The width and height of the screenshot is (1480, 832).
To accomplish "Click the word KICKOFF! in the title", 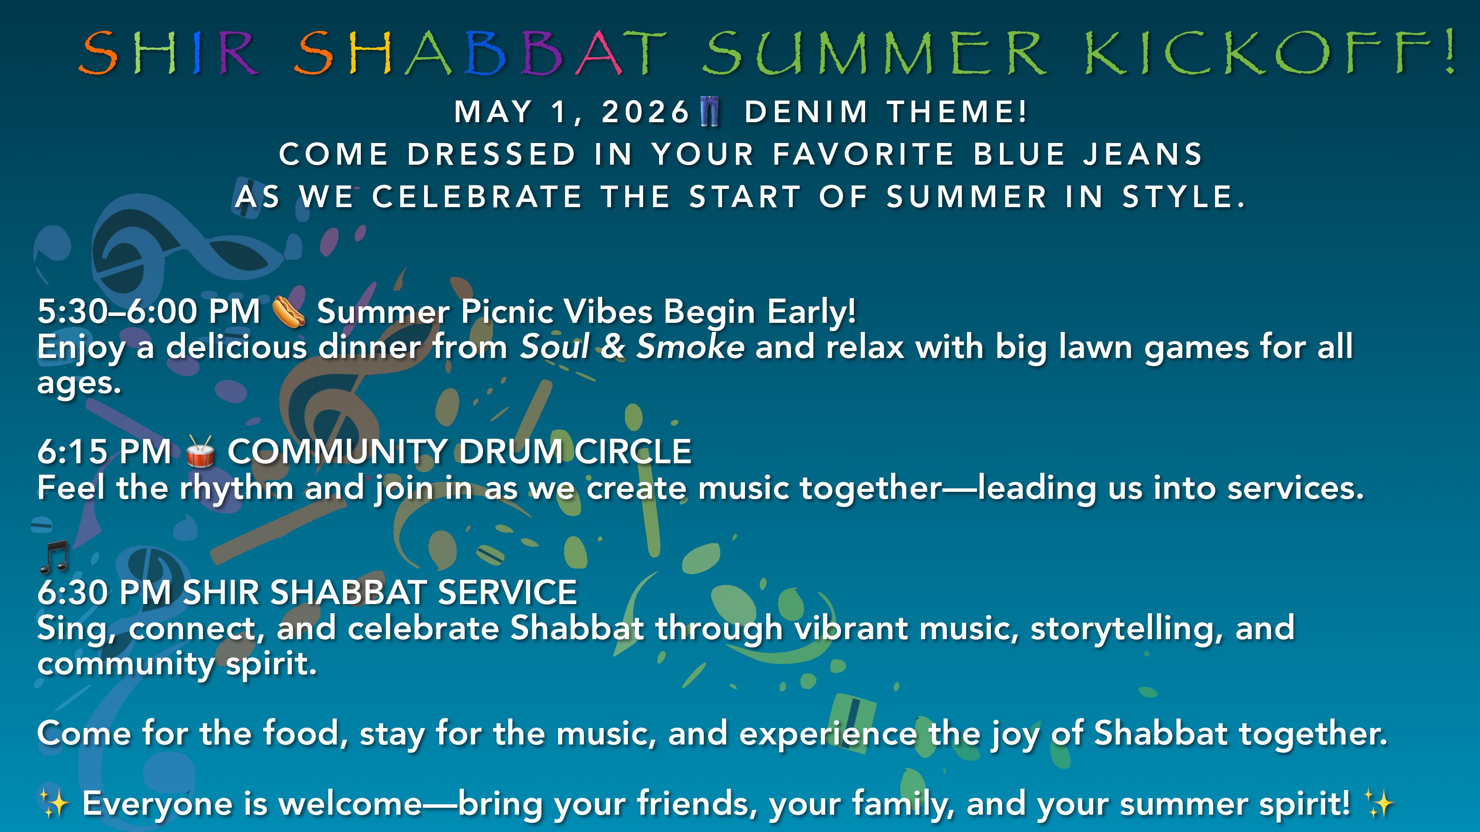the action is (1270, 53).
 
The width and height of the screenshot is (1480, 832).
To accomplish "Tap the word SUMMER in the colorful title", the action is (874, 53).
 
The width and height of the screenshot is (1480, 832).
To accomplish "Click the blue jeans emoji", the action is (710, 111).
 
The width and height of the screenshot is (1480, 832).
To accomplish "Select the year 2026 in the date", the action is (645, 111).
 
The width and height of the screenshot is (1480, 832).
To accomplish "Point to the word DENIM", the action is (806, 111).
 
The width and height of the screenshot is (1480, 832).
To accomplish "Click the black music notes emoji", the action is (55, 557).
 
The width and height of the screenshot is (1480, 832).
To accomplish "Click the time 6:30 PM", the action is (105, 592).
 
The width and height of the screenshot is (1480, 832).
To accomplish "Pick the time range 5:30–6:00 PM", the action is (149, 311).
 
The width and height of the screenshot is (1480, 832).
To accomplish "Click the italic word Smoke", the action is (691, 347).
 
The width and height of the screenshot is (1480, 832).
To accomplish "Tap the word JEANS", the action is (1142, 154).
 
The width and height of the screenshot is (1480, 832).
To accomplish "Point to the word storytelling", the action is (1127, 629).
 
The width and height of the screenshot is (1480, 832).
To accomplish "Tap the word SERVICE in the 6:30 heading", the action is (507, 592).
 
